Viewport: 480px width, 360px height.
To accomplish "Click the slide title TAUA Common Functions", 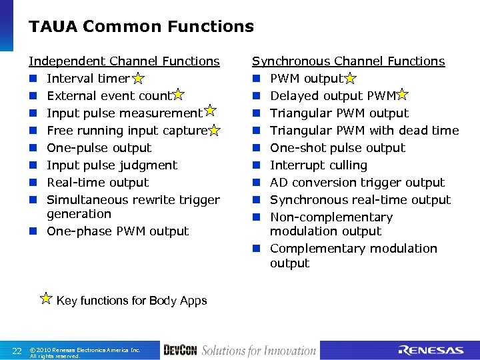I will (141, 27).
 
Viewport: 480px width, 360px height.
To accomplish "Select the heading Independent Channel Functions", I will (124, 61).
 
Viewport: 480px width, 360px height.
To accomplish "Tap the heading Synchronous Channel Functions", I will (348, 61).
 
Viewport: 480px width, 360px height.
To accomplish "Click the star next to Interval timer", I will (137, 79).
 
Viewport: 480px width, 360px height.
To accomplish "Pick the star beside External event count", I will (178, 96).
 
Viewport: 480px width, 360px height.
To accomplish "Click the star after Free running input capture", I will (214, 131).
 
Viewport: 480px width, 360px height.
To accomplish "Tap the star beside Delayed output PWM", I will (403, 96).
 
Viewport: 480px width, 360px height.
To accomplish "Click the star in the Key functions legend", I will (46, 298).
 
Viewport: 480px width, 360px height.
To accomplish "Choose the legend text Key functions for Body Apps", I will (131, 301).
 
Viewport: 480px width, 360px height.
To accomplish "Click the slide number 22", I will (17, 351).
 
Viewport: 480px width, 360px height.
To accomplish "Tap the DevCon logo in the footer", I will (179, 350).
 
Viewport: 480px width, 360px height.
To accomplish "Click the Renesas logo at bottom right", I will (431, 350).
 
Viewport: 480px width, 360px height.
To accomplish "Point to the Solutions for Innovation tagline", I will (259, 350).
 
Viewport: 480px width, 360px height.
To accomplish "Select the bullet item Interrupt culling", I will (318, 165).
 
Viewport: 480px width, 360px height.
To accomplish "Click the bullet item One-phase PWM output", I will (117, 231).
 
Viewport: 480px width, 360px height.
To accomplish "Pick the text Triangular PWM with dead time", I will (364, 131).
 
